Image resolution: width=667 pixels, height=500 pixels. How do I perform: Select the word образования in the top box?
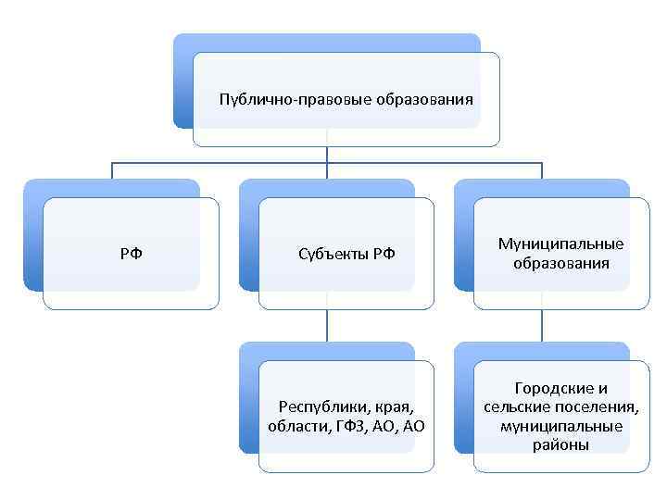(425, 99)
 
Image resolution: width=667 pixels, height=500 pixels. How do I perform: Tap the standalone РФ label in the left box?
(131, 254)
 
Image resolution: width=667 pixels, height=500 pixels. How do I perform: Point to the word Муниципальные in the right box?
(560, 244)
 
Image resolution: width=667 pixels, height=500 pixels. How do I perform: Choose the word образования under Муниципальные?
(560, 263)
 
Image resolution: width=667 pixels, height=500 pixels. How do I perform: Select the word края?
(389, 406)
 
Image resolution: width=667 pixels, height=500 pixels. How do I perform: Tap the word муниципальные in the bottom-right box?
(560, 426)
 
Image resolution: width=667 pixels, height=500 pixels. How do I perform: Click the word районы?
(560, 445)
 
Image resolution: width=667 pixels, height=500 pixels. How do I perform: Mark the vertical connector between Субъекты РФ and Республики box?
(327, 325)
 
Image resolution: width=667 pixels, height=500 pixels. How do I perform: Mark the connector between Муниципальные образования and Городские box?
(542, 325)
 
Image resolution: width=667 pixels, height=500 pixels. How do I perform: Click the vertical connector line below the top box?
(327, 155)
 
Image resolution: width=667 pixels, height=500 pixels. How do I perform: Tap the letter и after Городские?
(603, 389)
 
